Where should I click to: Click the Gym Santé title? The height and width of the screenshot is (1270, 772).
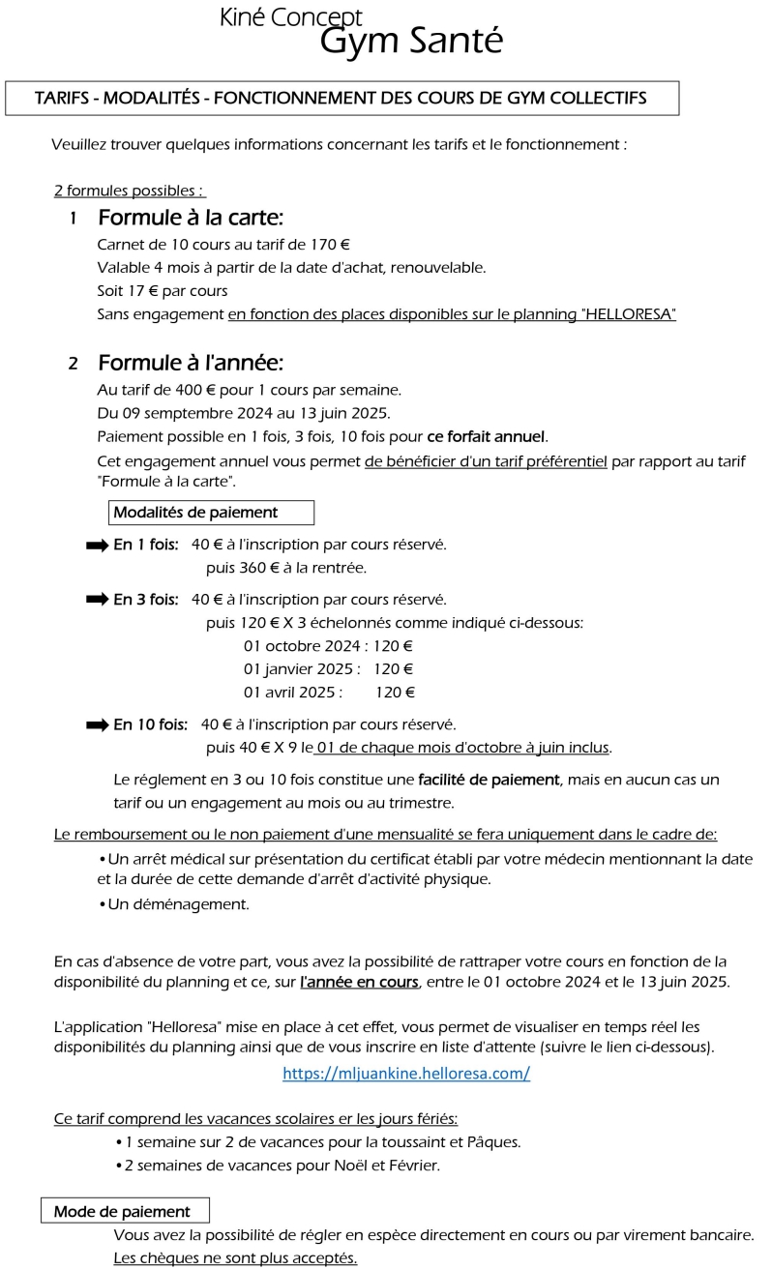pos(411,41)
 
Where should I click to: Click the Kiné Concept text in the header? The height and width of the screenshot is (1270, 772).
pos(291,16)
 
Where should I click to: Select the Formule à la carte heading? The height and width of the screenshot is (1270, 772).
pos(190,218)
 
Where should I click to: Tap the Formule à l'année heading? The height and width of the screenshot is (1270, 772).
pos(190,364)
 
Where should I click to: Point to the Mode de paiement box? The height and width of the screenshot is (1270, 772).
pos(124,1211)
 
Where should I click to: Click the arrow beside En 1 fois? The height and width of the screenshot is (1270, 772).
pos(97,545)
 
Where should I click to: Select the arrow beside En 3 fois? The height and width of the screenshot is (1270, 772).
pos(97,600)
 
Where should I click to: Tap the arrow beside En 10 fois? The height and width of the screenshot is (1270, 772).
pos(97,724)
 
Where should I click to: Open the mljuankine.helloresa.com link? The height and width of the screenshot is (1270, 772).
pos(406,1074)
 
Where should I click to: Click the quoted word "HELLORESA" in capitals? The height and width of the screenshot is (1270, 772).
pos(631,314)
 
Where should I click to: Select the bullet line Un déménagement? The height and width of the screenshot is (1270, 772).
pos(178,904)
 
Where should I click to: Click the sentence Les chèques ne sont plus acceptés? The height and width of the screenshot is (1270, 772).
pos(235,1258)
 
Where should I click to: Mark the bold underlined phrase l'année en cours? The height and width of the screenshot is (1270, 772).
pos(359,983)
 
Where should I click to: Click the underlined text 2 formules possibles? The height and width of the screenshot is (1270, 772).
pos(129,192)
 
